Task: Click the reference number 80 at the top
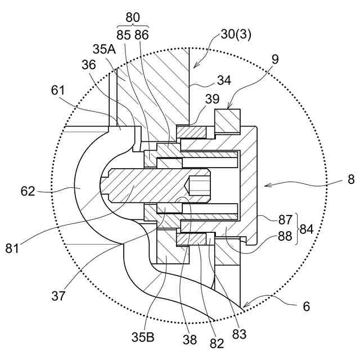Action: coord(132,17)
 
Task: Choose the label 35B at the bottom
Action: coord(144,339)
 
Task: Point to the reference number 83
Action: coord(238,334)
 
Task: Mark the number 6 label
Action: coord(307,306)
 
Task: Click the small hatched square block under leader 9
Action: coord(228,121)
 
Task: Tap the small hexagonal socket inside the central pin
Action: coord(199,184)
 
